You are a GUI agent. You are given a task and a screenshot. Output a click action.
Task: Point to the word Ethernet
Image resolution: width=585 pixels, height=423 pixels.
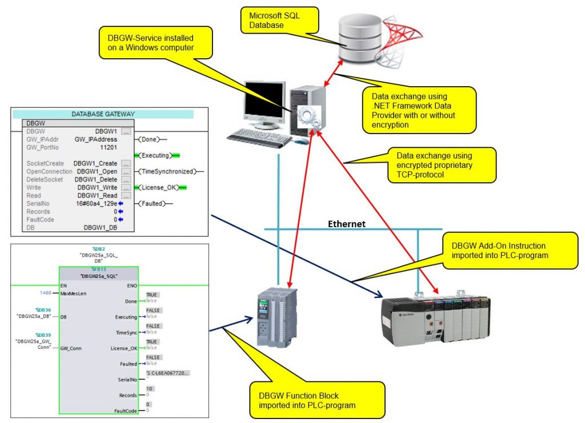(346, 224)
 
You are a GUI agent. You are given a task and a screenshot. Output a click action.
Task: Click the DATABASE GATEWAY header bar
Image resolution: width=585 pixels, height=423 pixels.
(103, 114)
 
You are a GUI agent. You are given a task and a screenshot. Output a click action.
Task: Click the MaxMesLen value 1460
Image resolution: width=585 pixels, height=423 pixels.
(45, 293)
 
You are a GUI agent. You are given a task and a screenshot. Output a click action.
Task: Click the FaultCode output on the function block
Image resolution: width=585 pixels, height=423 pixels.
(125, 410)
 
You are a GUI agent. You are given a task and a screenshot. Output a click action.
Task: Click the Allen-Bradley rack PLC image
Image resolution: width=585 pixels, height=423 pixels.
(434, 321)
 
